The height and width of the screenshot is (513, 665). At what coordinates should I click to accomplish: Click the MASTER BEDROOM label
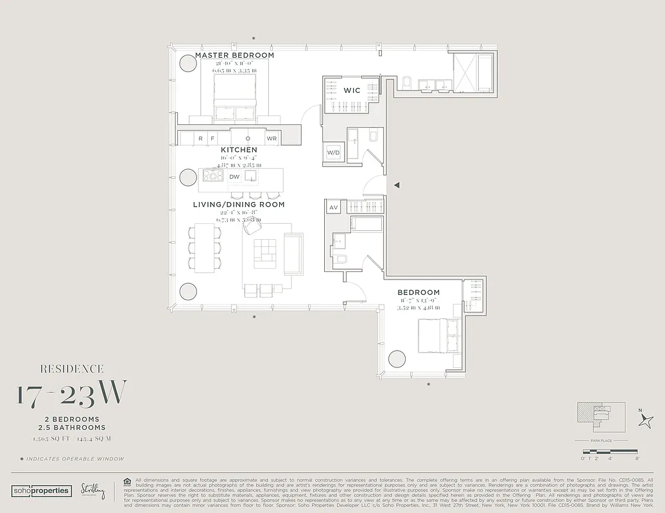tap(234, 56)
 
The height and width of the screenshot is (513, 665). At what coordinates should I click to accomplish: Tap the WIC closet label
tap(352, 90)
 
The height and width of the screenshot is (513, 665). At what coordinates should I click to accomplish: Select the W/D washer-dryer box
tap(333, 153)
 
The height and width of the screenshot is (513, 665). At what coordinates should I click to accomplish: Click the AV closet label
tap(333, 207)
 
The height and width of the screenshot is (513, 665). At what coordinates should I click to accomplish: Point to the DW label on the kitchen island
tap(234, 176)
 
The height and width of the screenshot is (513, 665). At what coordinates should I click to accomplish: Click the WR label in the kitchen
tap(272, 138)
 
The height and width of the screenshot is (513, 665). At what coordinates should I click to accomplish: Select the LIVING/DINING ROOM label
tap(239, 205)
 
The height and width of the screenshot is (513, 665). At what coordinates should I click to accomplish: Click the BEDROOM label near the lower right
tap(418, 292)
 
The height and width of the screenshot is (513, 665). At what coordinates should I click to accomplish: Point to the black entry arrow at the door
tap(397, 185)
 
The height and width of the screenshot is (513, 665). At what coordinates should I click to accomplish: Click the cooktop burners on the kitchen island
tap(213, 176)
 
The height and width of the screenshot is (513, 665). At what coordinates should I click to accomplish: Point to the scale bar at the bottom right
tap(610, 451)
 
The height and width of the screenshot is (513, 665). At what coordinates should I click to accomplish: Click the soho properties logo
tap(41, 490)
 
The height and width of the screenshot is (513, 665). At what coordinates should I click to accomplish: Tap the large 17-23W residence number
tap(72, 393)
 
